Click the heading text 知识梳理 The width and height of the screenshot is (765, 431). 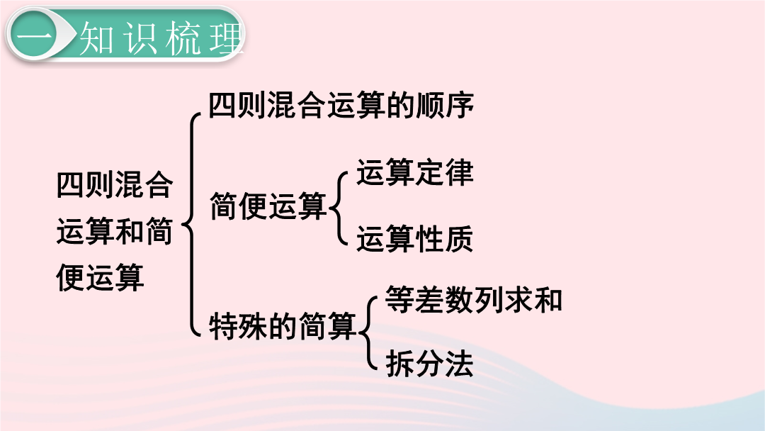[161, 38]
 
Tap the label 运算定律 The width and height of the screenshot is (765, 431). [414, 172]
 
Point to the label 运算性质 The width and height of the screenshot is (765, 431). [414, 239]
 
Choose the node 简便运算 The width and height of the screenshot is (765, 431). [268, 206]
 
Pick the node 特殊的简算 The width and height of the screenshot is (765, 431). [283, 325]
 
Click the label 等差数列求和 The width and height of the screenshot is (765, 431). [474, 298]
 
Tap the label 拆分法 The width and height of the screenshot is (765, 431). [429, 364]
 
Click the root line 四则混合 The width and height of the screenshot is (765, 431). [115, 185]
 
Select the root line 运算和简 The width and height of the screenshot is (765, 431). [115, 231]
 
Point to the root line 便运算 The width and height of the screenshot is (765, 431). [100, 277]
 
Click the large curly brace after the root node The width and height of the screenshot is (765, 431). [190, 225]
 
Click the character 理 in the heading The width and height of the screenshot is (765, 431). [227, 38]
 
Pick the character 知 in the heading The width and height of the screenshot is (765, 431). [96, 38]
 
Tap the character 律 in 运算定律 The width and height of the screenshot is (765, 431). [459, 172]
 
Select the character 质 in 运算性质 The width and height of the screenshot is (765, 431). [459, 239]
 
